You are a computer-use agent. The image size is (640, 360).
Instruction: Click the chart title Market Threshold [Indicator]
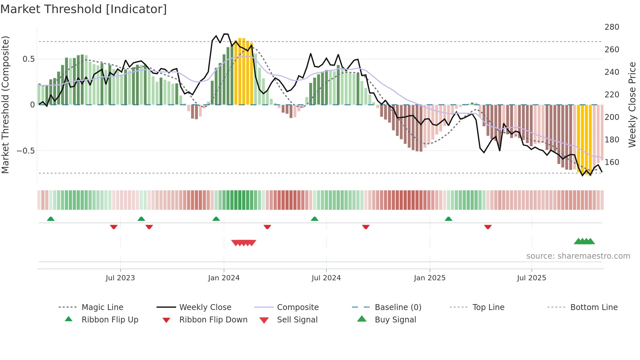[x=84, y=9]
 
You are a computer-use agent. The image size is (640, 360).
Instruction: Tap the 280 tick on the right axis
[x=612, y=27]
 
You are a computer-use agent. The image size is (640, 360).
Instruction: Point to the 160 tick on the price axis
[x=612, y=162]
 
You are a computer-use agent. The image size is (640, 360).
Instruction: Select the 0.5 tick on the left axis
[x=28, y=59]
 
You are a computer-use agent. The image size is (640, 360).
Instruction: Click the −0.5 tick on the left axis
[x=25, y=151]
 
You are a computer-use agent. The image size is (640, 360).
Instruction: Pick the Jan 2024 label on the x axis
[x=224, y=278]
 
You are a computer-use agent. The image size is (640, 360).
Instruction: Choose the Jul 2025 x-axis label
[x=531, y=278]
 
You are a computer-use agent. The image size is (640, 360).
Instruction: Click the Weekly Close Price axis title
[x=632, y=105]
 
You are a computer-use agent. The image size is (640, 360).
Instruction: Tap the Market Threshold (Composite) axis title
[x=5, y=105]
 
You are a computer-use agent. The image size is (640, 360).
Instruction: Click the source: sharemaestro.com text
[x=578, y=256]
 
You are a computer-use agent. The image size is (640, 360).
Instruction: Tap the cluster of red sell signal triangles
[x=244, y=243]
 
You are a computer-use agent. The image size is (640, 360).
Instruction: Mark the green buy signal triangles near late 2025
[x=584, y=241]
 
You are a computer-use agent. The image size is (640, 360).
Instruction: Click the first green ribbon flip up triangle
[x=51, y=219]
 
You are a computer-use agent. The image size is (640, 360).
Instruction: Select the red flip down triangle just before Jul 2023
[x=114, y=227]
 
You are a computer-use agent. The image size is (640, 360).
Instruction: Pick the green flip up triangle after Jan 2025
[x=448, y=219]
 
